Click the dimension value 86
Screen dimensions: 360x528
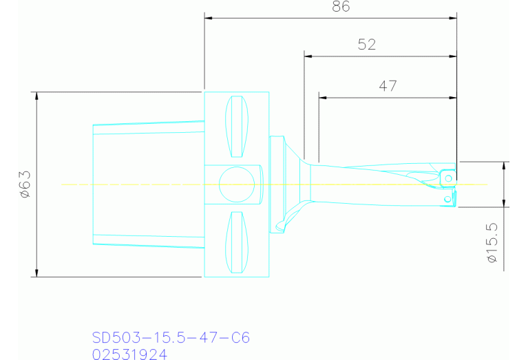click(x=341, y=8)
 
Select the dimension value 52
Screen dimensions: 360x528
click(x=367, y=45)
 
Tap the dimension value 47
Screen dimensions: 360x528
click(x=388, y=86)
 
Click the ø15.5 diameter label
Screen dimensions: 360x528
click(x=492, y=244)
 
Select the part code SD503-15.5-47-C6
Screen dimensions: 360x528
click(x=171, y=338)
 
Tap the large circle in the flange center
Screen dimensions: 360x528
click(x=236, y=184)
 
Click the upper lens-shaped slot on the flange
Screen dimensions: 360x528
click(x=237, y=127)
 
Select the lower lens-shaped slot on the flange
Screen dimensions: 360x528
click(x=237, y=242)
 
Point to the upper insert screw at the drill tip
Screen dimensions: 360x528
click(x=448, y=178)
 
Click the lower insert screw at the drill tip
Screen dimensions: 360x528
click(x=448, y=199)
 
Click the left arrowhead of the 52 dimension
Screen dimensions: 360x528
click(x=308, y=55)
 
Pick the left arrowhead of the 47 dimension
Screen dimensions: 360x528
click(x=322, y=97)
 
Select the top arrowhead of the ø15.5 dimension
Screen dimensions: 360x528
click(x=506, y=165)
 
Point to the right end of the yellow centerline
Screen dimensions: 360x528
click(x=486, y=184)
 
